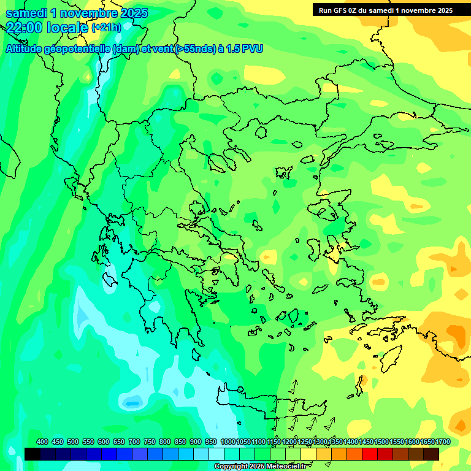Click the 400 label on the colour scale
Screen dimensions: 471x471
pos(42,442)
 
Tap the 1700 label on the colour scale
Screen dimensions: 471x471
pos(443,442)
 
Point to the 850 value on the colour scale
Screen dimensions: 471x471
pos(180,442)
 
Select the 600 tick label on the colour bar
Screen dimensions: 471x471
pos(104,442)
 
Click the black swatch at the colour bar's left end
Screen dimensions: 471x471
pos(33,454)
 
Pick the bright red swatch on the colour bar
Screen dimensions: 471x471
pos(370,454)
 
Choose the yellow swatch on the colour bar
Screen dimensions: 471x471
pos(308,454)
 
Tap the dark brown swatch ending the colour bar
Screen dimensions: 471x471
pos(431,454)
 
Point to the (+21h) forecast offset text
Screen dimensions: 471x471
pos(107,28)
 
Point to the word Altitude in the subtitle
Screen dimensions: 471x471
pos(24,48)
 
